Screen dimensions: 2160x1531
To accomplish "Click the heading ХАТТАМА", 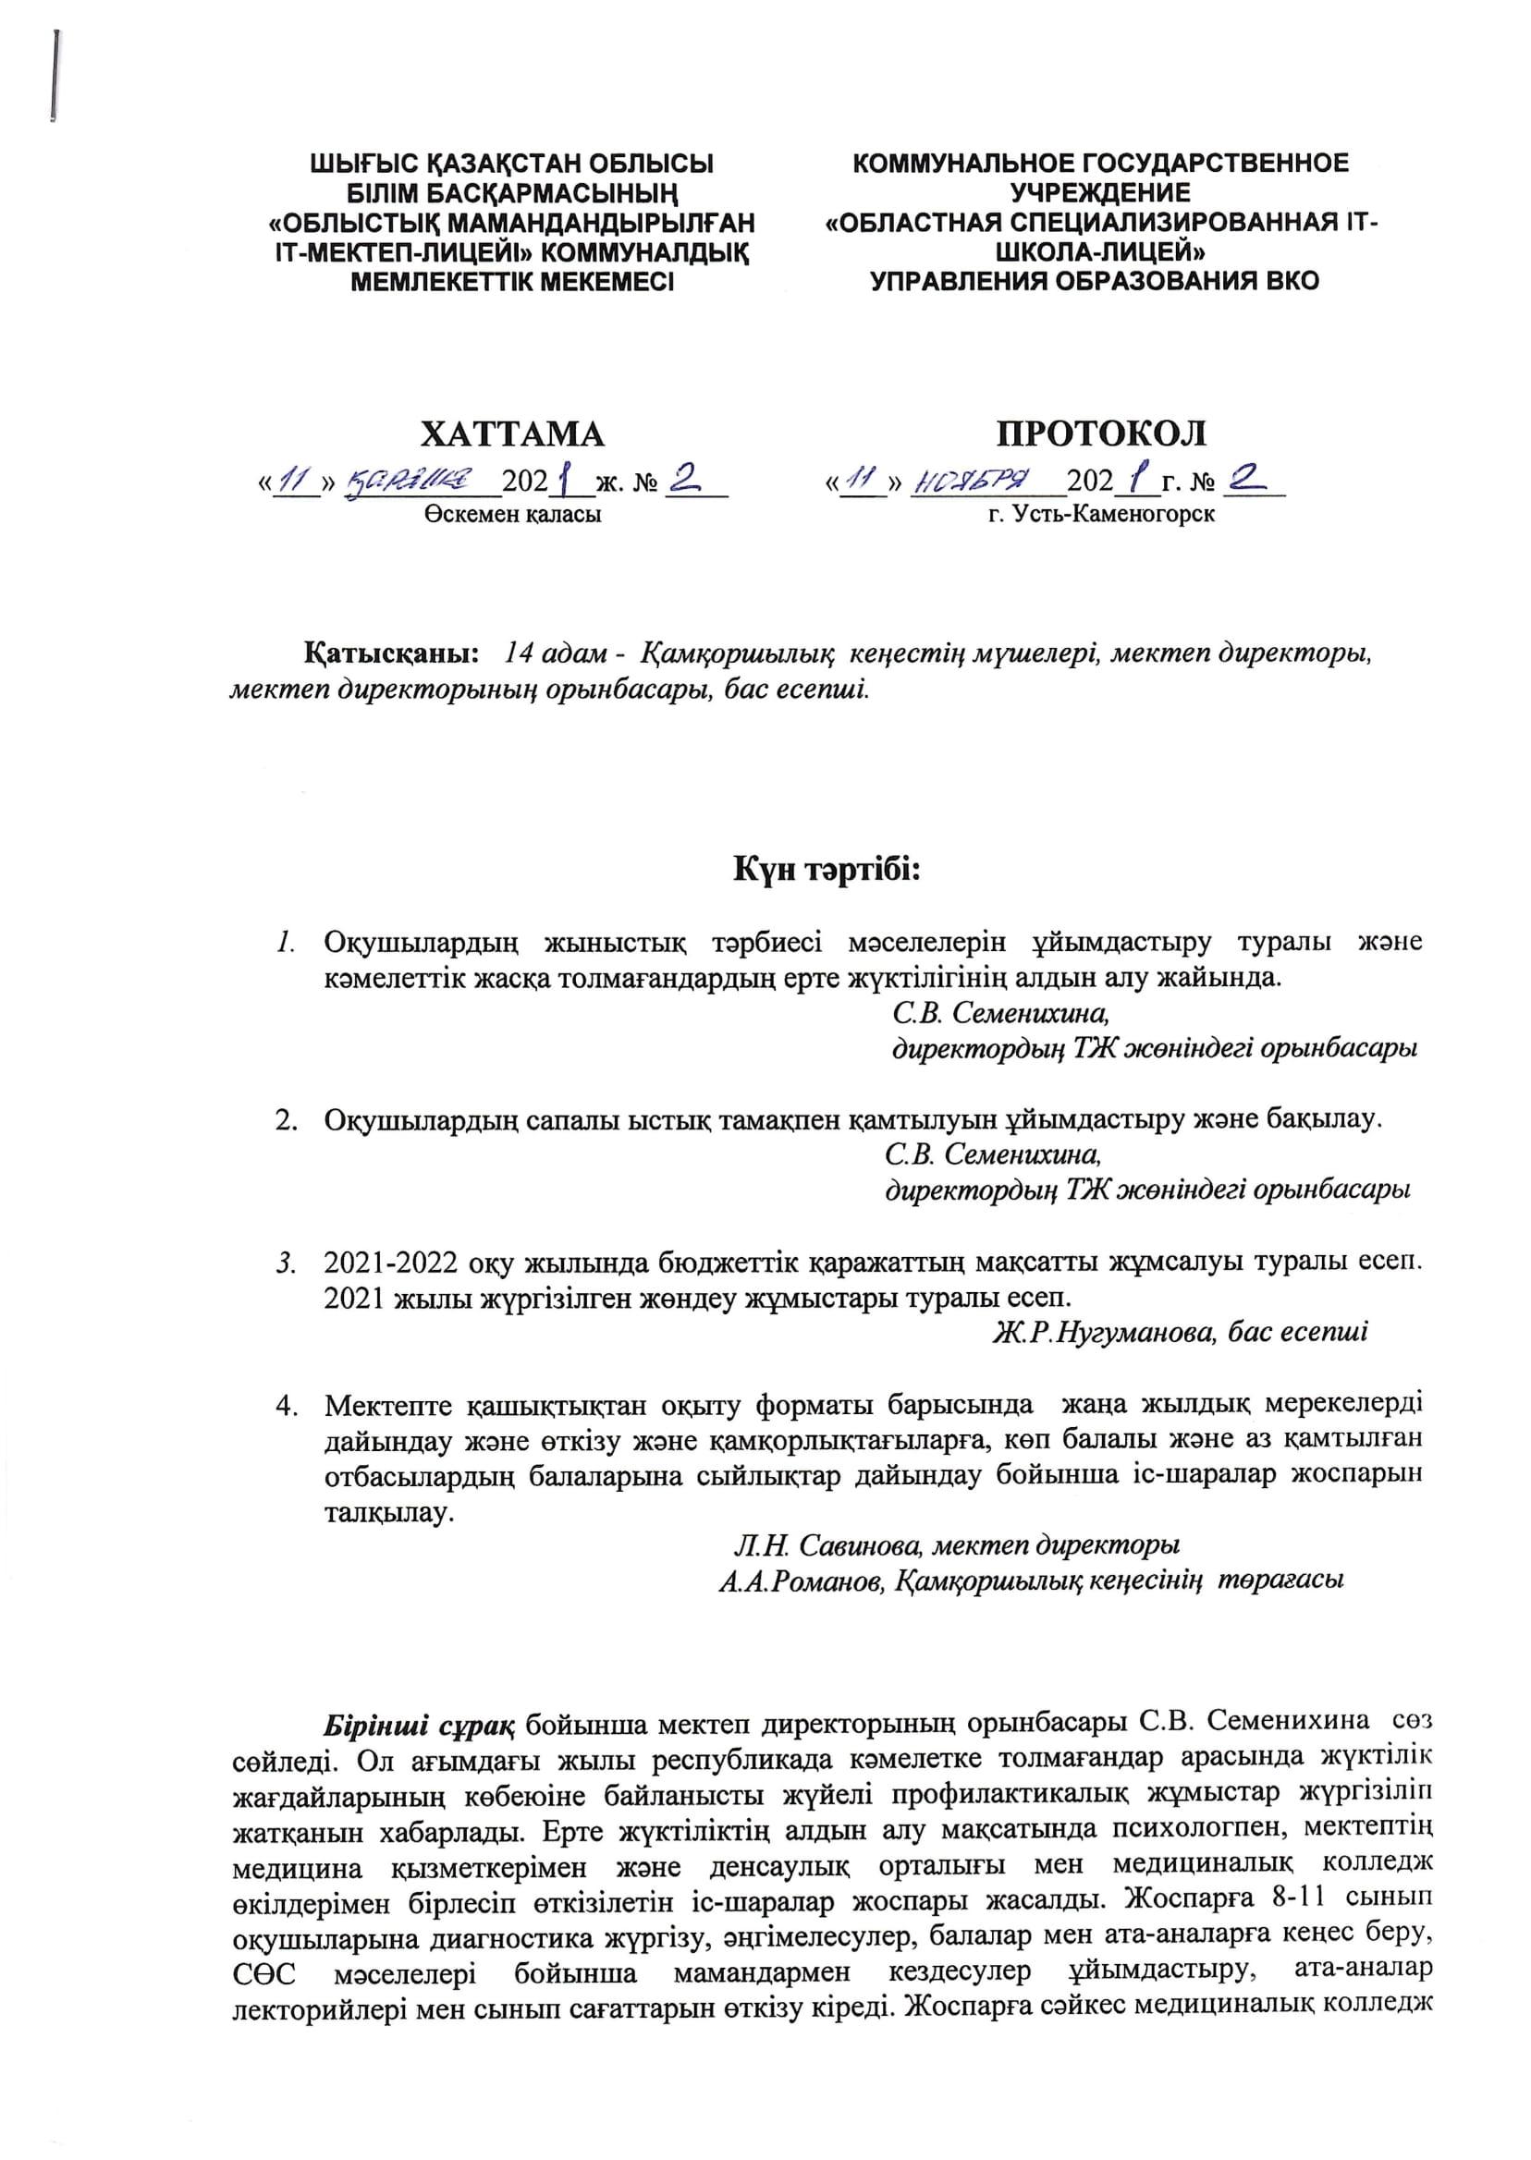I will pos(512,434).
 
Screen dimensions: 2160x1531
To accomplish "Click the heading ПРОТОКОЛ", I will pos(1102,434).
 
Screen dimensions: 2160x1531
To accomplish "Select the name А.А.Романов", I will pos(801,1581).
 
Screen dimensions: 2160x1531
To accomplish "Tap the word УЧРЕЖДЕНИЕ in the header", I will pos(1100,193).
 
